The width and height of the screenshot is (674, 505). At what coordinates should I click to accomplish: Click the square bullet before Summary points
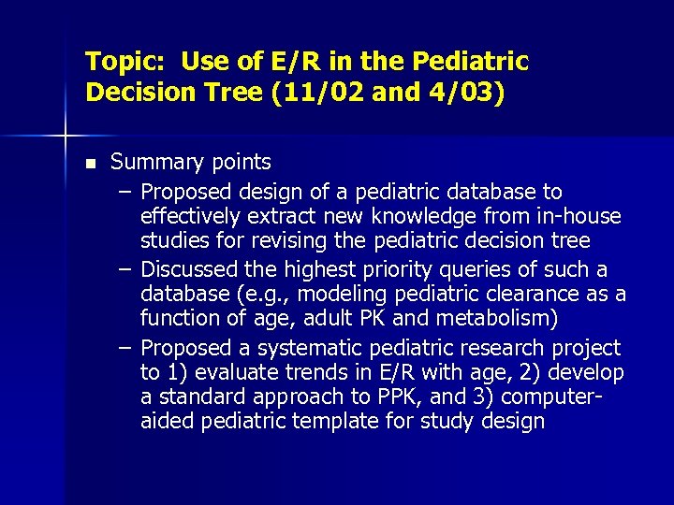pos(90,164)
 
